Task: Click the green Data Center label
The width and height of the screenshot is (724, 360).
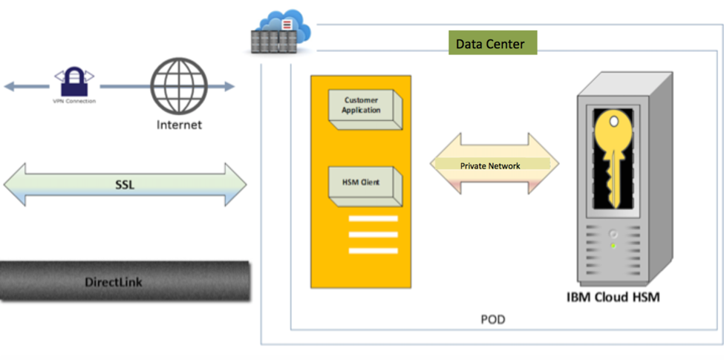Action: (x=491, y=44)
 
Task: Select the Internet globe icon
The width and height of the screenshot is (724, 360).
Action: (x=178, y=86)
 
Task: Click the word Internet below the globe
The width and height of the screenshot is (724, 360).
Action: (x=179, y=125)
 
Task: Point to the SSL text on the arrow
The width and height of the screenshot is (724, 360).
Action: (x=125, y=184)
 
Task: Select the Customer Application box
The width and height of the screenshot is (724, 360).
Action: (x=363, y=106)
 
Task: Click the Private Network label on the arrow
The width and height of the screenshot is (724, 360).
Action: (x=490, y=166)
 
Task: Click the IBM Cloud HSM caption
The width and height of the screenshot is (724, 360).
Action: (x=613, y=298)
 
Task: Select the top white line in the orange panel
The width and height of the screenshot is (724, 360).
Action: (x=373, y=219)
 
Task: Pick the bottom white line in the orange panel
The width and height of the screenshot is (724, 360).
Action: (x=373, y=251)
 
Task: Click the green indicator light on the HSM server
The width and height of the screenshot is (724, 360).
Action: (x=613, y=245)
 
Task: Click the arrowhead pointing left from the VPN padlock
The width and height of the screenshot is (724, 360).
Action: (x=10, y=87)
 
